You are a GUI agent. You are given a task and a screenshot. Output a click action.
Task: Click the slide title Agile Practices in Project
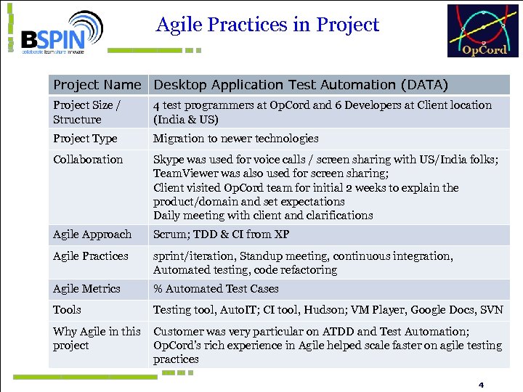[x=267, y=25]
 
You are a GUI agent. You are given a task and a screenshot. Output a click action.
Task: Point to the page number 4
[x=480, y=384]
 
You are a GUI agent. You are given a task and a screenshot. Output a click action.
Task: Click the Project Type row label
[x=85, y=139]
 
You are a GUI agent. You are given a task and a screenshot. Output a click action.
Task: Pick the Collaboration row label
[x=88, y=160]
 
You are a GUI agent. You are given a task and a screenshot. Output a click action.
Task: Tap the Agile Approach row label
[x=92, y=234]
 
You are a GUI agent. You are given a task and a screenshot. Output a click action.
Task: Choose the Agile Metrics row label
[x=86, y=289]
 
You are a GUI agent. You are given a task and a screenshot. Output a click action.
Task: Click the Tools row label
[x=68, y=310]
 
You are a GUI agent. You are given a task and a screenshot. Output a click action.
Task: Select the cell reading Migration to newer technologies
[x=235, y=139]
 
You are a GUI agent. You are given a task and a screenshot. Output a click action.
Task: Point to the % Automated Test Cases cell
[x=216, y=289]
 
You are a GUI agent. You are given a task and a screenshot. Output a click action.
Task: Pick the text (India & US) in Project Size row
[x=186, y=119]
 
